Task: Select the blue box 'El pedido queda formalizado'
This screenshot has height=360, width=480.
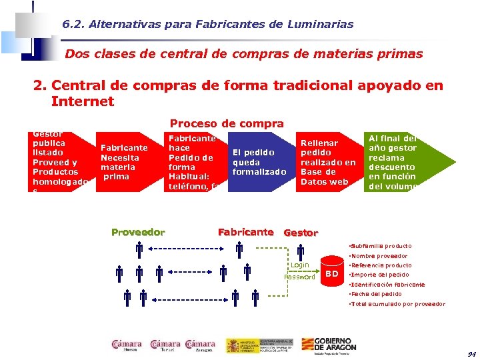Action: pos(259,162)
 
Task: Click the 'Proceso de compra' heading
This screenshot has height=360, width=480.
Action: pos(227,123)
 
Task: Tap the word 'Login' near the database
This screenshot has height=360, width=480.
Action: pos(299,265)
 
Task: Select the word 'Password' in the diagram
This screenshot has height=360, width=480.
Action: pos(299,277)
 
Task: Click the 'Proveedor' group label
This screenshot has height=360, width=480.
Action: pos(138,232)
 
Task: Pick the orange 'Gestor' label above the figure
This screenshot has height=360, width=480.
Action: pos(301,233)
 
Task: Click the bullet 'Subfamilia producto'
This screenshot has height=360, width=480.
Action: pos(381,246)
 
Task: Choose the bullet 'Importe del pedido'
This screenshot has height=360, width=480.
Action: pos(380,275)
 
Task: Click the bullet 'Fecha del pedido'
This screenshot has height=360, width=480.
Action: pos(377,294)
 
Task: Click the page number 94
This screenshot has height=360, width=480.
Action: pos(471,353)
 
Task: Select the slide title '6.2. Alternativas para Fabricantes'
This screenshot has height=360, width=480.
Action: pos(208,25)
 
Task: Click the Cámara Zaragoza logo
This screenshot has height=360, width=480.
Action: pos(200,345)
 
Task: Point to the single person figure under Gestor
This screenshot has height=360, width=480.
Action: pos(301,252)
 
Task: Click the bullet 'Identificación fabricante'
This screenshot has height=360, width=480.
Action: pos(387,285)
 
